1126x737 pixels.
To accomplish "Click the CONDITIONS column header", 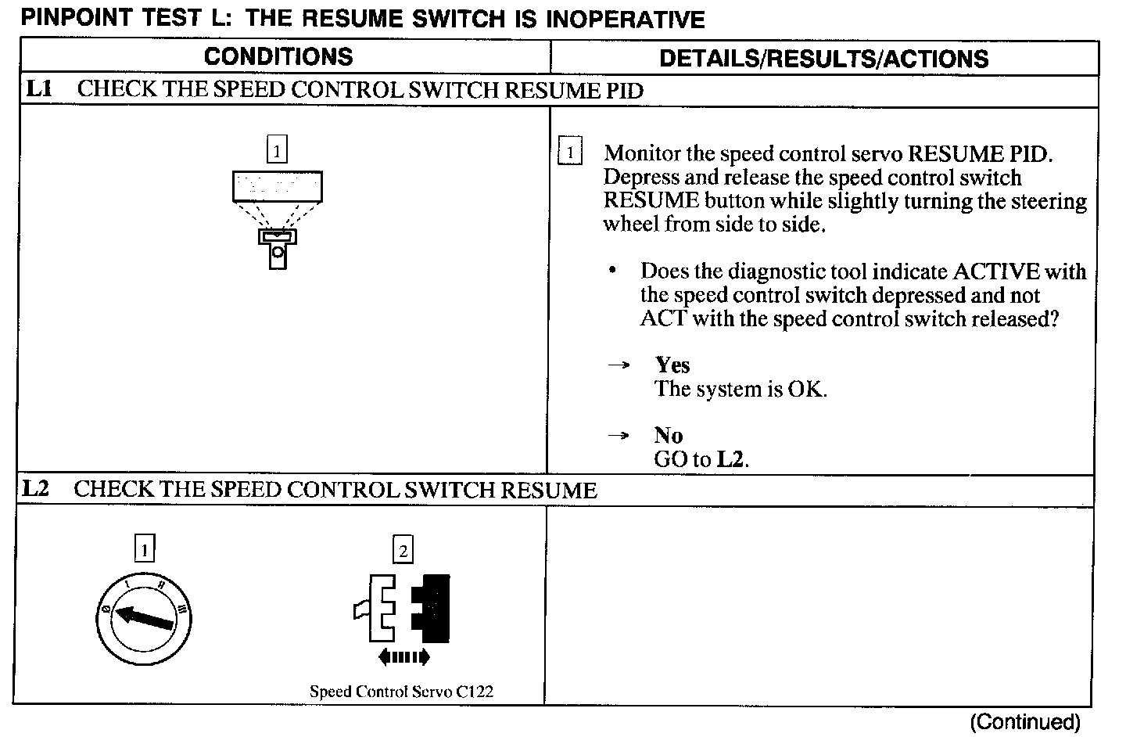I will pyautogui.click(x=278, y=57).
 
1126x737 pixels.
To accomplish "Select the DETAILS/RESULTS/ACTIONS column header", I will pyautogui.click(x=823, y=59).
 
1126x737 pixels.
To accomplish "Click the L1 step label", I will pyautogui.click(x=39, y=89).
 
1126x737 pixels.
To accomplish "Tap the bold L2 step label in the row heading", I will pyautogui.click(x=36, y=490).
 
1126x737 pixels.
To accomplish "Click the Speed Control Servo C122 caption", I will pyautogui.click(x=401, y=692).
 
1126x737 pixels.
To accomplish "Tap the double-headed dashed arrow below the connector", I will pyautogui.click(x=403, y=657).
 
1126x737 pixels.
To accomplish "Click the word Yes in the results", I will pyautogui.click(x=672, y=365).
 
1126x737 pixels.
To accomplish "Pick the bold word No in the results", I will pyautogui.click(x=669, y=436).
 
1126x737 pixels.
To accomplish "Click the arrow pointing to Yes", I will pyautogui.click(x=619, y=365).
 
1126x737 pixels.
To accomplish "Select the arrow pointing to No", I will pyautogui.click(x=619, y=436).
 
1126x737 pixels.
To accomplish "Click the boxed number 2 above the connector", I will pyautogui.click(x=403, y=551).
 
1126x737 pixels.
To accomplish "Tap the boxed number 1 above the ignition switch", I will pyautogui.click(x=144, y=550).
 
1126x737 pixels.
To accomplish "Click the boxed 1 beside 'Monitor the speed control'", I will pyautogui.click(x=570, y=153).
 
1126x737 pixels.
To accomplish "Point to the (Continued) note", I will pyautogui.click(x=1024, y=721).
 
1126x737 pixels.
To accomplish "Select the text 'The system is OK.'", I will pyautogui.click(x=741, y=389).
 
